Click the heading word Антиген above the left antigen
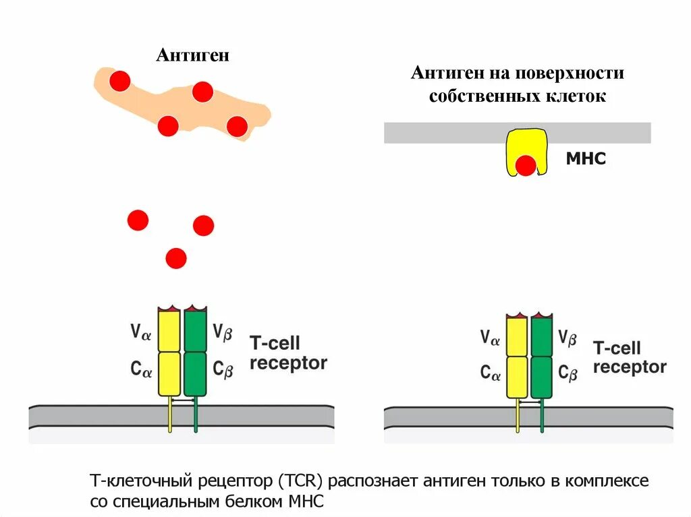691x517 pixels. click(192, 55)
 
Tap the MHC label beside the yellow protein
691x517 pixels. click(586, 159)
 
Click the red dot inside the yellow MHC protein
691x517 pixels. click(526, 165)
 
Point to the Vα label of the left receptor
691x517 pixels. click(141, 332)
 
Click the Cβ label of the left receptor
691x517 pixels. click(223, 369)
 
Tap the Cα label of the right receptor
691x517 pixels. click(491, 373)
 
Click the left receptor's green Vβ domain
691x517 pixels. click(195, 330)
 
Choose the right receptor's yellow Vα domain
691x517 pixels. click(517, 336)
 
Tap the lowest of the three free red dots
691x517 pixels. click(175, 257)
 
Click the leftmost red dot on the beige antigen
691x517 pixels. click(119, 81)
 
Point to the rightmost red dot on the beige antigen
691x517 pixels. click(237, 126)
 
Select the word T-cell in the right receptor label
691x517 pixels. click(617, 348)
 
